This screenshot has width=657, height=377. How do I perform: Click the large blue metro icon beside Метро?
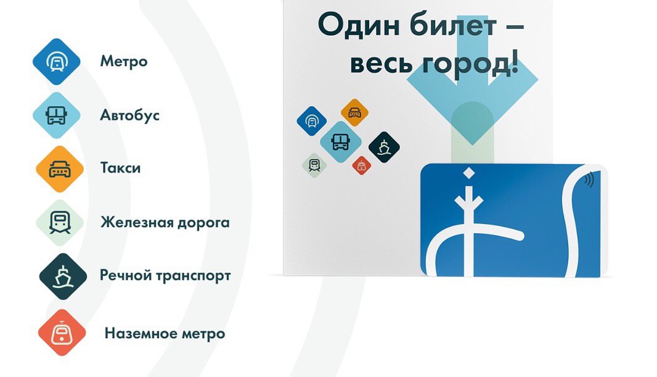point(57,62)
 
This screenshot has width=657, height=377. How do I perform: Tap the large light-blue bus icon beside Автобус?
point(57,115)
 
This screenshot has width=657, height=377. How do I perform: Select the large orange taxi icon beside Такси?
point(60,169)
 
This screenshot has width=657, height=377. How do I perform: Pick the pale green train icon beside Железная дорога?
point(60,223)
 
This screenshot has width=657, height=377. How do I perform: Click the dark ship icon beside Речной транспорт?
point(63,276)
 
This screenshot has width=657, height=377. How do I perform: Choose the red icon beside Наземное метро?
point(62,333)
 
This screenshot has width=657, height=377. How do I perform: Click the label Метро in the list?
point(124,61)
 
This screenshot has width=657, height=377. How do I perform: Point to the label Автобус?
point(130,115)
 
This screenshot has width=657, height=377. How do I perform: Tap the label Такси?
point(120,168)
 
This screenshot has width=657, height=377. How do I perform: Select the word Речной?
point(126,276)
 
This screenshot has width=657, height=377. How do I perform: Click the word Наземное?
point(141,333)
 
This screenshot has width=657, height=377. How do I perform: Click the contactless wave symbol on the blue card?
point(589,180)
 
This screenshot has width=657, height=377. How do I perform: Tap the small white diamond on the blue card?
point(468,173)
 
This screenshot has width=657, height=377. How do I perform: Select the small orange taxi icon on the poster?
point(354,112)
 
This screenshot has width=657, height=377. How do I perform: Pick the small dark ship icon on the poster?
point(384,147)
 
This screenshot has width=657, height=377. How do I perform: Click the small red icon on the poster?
point(361,165)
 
